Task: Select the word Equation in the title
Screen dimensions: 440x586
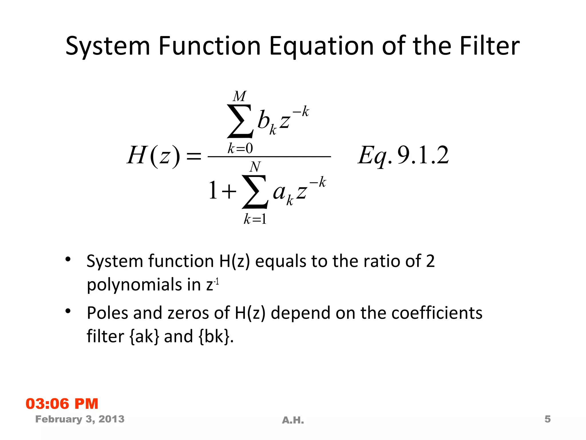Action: point(321,47)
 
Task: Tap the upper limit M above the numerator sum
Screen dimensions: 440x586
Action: point(239,97)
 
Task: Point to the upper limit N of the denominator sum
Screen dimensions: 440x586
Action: point(255,167)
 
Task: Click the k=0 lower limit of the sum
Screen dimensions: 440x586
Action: point(240,148)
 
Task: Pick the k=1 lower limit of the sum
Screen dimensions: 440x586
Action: point(255,219)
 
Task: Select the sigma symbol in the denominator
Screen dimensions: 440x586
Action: point(255,192)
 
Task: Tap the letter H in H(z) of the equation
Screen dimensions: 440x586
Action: point(137,155)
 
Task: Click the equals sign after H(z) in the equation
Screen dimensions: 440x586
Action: point(194,156)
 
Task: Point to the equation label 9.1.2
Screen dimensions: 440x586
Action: point(423,155)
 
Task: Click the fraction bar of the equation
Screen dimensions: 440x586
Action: point(269,157)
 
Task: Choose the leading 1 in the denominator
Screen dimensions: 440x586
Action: point(213,190)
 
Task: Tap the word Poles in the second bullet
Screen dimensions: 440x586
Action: point(107,313)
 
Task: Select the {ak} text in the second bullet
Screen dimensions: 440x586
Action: point(144,336)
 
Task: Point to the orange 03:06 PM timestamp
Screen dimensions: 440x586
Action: point(62,404)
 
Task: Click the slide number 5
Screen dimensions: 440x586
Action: point(547,419)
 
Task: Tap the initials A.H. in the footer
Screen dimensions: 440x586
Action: point(293,420)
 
